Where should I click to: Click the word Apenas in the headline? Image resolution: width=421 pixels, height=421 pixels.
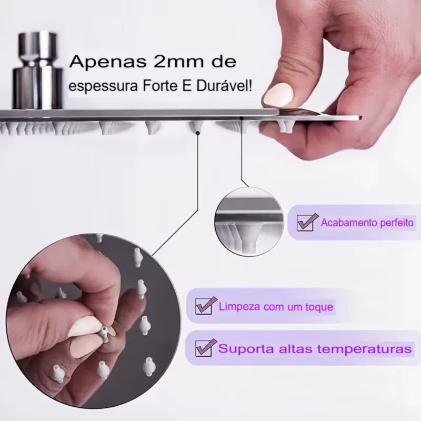(108, 62)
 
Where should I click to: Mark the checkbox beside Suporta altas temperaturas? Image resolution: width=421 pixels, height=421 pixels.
(205, 347)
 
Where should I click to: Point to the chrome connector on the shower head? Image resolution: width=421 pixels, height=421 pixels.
(37, 71)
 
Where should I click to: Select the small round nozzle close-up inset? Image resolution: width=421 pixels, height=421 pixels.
(249, 222)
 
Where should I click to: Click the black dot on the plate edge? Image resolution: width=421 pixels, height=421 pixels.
(241, 118)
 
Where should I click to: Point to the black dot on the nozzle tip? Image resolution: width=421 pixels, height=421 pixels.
(198, 133)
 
